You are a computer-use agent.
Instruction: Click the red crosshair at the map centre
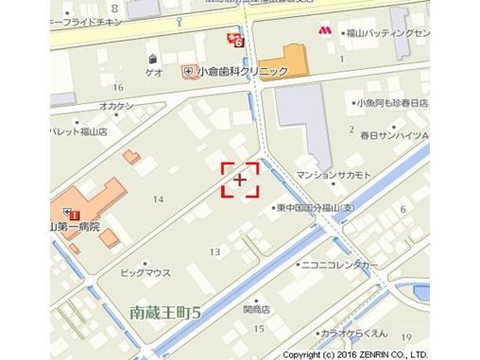(240, 179)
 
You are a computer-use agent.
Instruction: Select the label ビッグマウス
(146, 272)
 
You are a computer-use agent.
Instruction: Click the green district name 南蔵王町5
(169, 311)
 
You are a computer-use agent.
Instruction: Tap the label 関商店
(256, 308)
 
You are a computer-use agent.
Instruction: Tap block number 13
(215, 251)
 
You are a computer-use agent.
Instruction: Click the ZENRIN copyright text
(381, 354)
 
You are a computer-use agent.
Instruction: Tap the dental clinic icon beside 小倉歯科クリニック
(189, 72)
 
